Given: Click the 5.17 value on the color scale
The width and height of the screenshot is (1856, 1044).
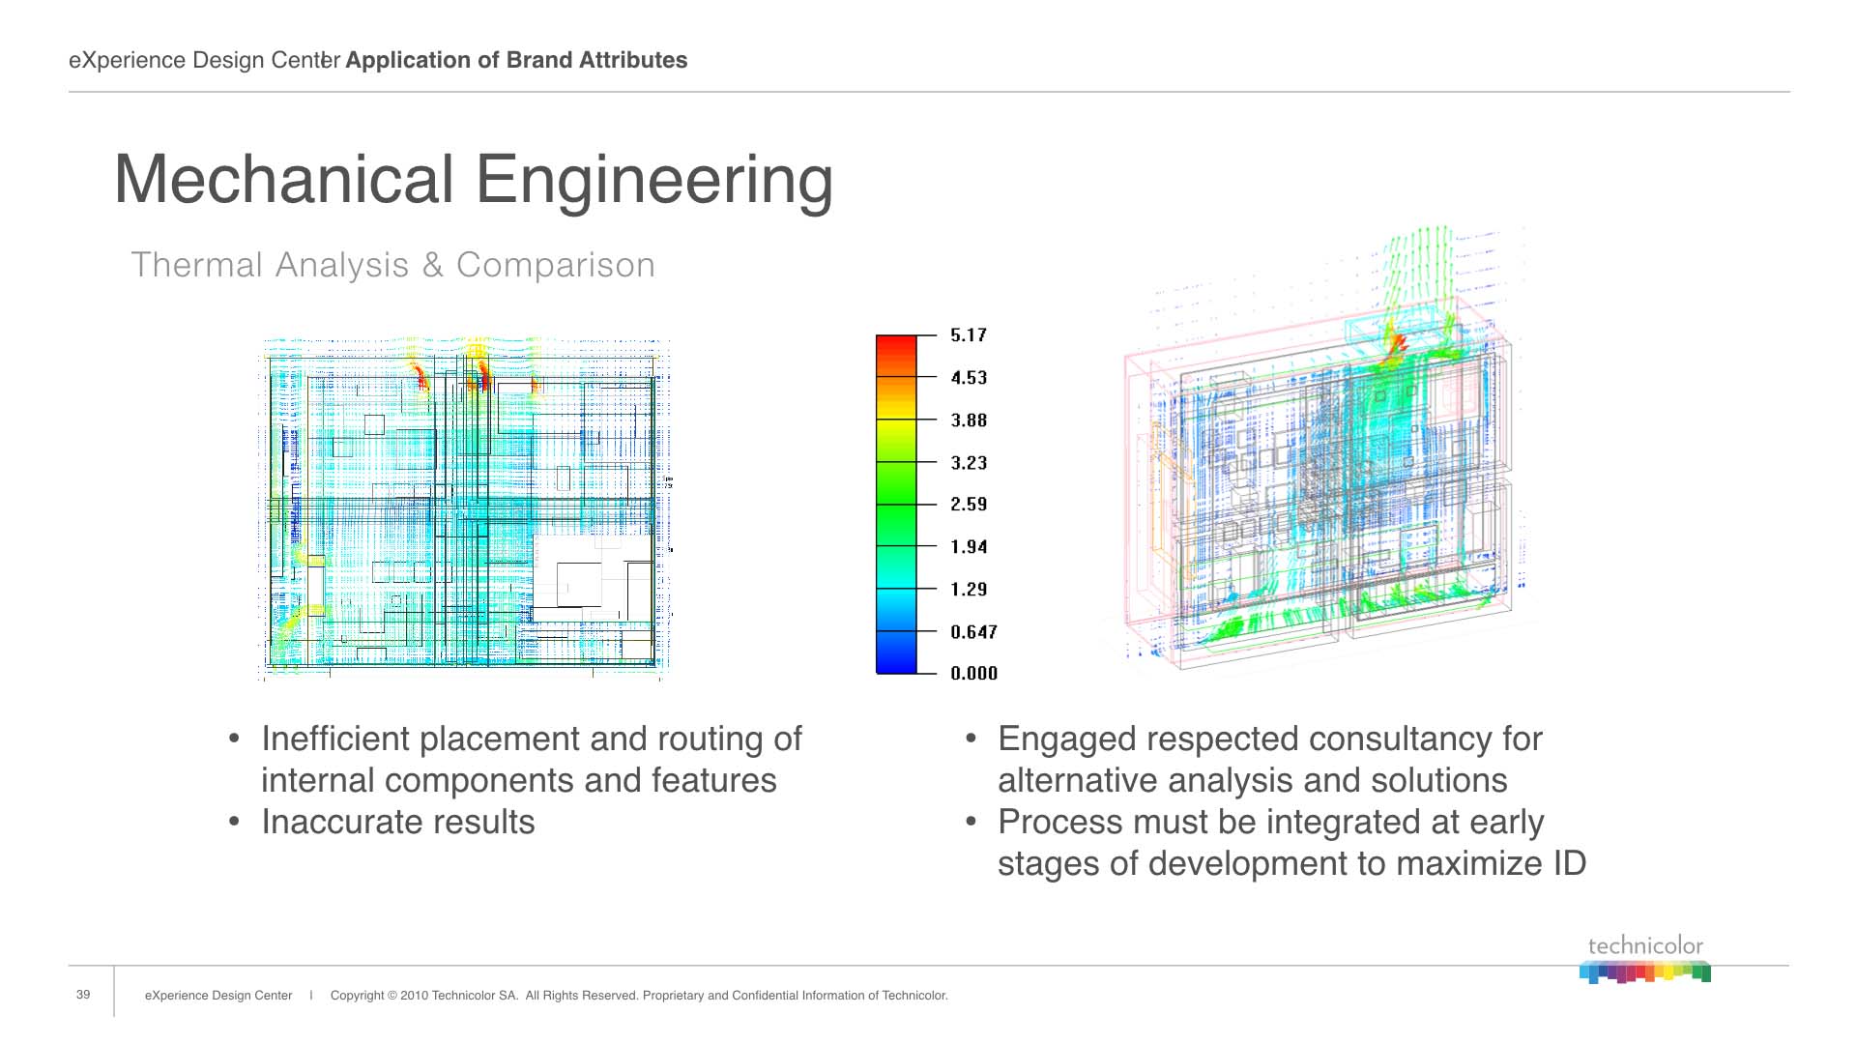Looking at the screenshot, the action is [968, 335].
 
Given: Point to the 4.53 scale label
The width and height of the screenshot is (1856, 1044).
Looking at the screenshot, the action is [969, 378].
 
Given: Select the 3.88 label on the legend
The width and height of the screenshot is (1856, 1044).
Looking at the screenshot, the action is [969, 420].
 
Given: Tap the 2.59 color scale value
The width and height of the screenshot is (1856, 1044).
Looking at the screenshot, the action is [969, 504].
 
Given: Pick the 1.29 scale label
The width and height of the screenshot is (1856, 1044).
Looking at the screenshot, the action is [969, 589].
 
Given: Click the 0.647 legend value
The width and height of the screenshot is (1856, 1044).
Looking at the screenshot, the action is [973, 632].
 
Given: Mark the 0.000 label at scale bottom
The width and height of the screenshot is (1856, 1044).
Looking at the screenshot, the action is [973, 674].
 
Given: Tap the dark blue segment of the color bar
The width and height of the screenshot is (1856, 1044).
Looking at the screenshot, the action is [896, 657].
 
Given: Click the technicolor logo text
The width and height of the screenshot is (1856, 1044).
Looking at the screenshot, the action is [1645, 946].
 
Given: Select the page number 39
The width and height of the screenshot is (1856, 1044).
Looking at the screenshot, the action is [83, 995].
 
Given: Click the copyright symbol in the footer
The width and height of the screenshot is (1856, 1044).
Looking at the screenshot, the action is [392, 996].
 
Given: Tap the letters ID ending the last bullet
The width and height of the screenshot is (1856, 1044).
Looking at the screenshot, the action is [1570, 863].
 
